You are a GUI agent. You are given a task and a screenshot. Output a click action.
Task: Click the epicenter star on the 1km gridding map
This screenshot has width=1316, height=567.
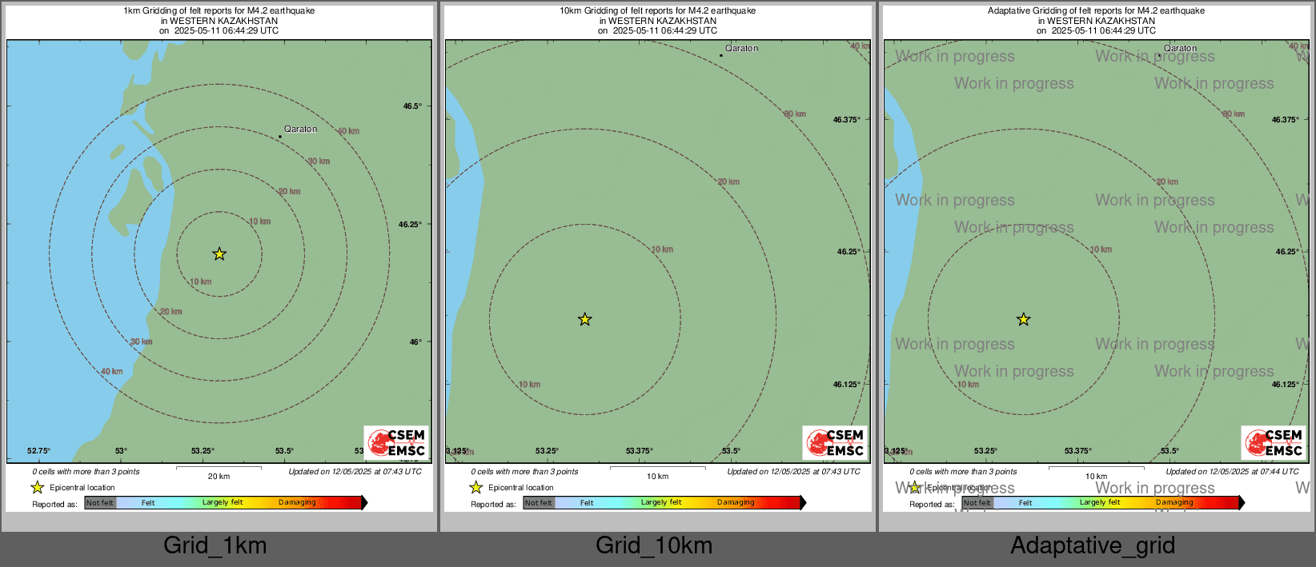pyautogui.click(x=219, y=254)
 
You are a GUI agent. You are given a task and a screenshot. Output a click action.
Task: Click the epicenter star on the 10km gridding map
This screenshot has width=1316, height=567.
pyautogui.click(x=585, y=320)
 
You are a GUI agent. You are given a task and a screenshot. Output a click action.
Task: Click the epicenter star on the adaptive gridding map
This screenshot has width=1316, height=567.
pyautogui.click(x=1024, y=320)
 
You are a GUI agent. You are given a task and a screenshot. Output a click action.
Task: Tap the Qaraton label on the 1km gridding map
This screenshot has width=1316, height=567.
pyautogui.click(x=300, y=129)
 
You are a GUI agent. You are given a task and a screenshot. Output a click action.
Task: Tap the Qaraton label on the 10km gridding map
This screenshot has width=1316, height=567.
pyautogui.click(x=741, y=48)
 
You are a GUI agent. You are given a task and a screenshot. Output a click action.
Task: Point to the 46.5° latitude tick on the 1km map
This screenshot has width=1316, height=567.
pyautogui.click(x=411, y=106)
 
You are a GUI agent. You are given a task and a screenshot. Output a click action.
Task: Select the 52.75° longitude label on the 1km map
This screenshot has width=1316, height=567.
pyautogui.click(x=38, y=451)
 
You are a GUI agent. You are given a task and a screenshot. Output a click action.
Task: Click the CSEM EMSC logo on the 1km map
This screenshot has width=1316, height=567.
pyautogui.click(x=397, y=442)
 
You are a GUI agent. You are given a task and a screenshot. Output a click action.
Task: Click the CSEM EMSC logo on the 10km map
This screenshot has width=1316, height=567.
pyautogui.click(x=836, y=442)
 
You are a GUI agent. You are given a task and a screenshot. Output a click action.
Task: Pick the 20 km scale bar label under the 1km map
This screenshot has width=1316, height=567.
pyautogui.click(x=219, y=477)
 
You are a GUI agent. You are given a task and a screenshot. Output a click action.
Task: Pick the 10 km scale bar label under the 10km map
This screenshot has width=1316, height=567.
pyautogui.click(x=657, y=477)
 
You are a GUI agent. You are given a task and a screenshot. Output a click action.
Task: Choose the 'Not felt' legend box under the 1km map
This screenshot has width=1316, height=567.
pyautogui.click(x=100, y=503)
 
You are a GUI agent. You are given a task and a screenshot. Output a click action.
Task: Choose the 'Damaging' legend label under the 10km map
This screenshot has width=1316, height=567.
pyautogui.click(x=736, y=503)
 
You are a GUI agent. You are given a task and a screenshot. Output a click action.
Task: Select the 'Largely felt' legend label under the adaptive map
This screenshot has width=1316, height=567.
pyautogui.click(x=1100, y=503)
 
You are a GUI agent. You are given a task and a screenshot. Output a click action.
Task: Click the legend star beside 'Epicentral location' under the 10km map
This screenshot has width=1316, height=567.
pyautogui.click(x=476, y=488)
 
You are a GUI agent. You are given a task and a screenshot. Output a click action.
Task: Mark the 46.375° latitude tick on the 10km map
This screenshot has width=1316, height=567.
pyautogui.click(x=846, y=120)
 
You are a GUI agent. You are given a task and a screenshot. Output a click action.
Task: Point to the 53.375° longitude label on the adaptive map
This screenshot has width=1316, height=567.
pyautogui.click(x=1077, y=451)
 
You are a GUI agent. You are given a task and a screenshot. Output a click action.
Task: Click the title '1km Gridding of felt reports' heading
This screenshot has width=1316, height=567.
pyautogui.click(x=219, y=11)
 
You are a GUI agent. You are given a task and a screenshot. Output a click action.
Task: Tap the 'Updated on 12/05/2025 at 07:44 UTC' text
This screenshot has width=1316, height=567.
pyautogui.click(x=1232, y=472)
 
